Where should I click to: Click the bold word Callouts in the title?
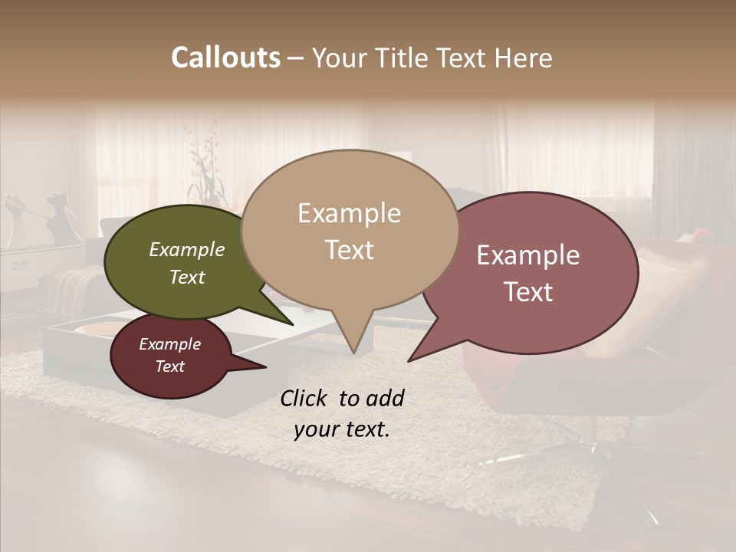[x=225, y=58]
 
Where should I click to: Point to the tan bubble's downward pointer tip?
[x=353, y=353]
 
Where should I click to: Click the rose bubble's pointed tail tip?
[x=409, y=360]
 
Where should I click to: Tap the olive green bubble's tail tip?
[x=294, y=324]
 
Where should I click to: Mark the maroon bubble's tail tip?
[x=265, y=367]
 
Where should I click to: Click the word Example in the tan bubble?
[x=349, y=213]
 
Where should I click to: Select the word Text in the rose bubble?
[x=529, y=292]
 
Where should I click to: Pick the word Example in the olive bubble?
[x=187, y=250]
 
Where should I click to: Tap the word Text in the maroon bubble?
[x=170, y=366]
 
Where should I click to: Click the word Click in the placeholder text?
[x=304, y=398]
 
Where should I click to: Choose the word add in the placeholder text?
[x=384, y=398]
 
